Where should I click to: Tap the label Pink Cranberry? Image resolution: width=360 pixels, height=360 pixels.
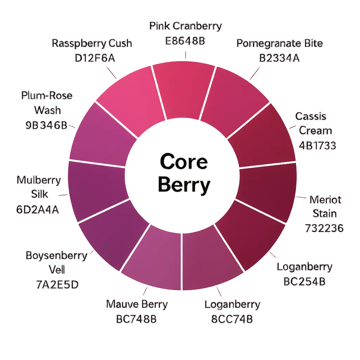click(185, 26)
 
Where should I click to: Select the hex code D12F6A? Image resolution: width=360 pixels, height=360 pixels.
click(95, 58)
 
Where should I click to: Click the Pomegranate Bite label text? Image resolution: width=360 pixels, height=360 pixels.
click(279, 44)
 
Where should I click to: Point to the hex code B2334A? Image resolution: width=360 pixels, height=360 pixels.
click(279, 58)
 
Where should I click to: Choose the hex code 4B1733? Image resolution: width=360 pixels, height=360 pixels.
click(317, 145)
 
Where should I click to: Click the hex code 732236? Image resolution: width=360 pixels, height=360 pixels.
click(324, 228)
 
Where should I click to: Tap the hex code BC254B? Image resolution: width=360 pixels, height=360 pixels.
click(304, 282)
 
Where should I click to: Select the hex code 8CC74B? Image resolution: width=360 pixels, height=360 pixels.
click(232, 319)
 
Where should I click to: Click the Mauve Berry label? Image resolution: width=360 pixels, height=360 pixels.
click(137, 304)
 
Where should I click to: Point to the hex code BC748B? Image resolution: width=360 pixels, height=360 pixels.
click(136, 319)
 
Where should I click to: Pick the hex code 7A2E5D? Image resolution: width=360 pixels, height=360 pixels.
click(57, 284)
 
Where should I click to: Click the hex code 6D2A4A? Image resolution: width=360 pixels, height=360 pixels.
click(38, 210)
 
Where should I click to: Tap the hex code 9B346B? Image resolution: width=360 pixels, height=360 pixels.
click(46, 125)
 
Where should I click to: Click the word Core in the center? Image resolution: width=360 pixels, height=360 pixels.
click(184, 162)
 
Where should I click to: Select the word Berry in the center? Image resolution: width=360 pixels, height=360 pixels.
click(184, 185)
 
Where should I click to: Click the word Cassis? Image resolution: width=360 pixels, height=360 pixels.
click(311, 116)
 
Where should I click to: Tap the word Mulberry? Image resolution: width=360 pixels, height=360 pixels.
click(39, 180)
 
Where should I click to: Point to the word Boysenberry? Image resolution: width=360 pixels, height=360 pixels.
click(56, 256)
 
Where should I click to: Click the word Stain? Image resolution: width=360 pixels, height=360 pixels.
click(324, 214)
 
